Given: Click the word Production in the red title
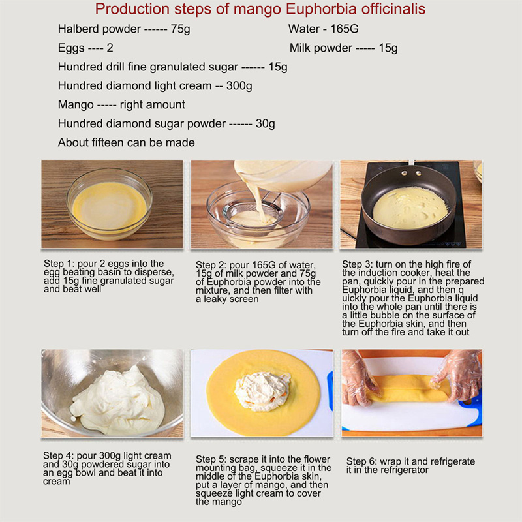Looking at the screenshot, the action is [132, 8].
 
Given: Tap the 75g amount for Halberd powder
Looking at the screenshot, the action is [181, 29].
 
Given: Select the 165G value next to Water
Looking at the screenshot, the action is [345, 29].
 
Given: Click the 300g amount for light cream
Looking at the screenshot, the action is [239, 86].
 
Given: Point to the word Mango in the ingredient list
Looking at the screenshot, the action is [76, 105].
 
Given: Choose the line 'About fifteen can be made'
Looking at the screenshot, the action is [127, 142].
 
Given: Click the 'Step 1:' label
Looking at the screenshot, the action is [59, 264].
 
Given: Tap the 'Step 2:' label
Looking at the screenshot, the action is [211, 265].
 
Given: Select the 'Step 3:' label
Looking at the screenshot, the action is [357, 264].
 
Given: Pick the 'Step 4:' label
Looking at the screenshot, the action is [58, 455].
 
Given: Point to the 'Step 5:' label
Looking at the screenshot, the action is [211, 459].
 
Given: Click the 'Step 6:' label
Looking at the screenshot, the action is [361, 462].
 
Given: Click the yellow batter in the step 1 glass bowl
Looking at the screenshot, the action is [109, 206].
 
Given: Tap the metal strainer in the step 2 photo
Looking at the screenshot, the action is [253, 215].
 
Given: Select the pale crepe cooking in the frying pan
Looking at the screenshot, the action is [410, 208].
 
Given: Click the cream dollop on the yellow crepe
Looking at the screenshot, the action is [262, 391].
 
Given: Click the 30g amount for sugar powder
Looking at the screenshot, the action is [266, 124].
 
